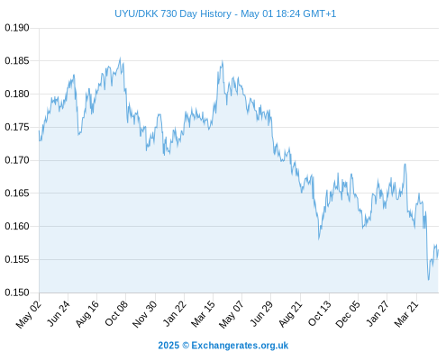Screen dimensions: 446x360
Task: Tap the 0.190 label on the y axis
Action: tap(17, 28)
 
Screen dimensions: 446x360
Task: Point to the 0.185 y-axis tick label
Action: tap(17, 61)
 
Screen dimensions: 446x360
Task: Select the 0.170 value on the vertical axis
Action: tap(17, 160)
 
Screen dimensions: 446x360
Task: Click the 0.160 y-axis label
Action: tap(17, 226)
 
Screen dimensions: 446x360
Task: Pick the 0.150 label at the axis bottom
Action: tap(17, 292)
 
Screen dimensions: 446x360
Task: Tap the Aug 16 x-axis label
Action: tap(87, 313)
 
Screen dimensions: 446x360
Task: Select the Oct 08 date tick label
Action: tap(116, 313)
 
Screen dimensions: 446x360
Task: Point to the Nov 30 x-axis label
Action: tap(145, 314)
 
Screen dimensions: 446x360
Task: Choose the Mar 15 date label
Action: tap(204, 314)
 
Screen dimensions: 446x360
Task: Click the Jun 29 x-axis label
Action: tap(261, 313)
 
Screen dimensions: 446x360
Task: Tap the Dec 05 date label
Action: tap(348, 314)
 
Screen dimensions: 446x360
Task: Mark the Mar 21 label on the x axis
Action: tap(406, 314)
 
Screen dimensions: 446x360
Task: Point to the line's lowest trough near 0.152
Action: tap(429, 280)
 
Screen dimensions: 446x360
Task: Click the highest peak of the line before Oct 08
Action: tap(120, 58)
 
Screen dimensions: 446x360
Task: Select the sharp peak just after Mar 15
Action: tap(223, 61)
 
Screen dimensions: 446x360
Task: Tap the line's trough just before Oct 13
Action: tap(319, 238)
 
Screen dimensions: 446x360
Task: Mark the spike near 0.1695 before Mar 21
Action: tap(405, 164)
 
